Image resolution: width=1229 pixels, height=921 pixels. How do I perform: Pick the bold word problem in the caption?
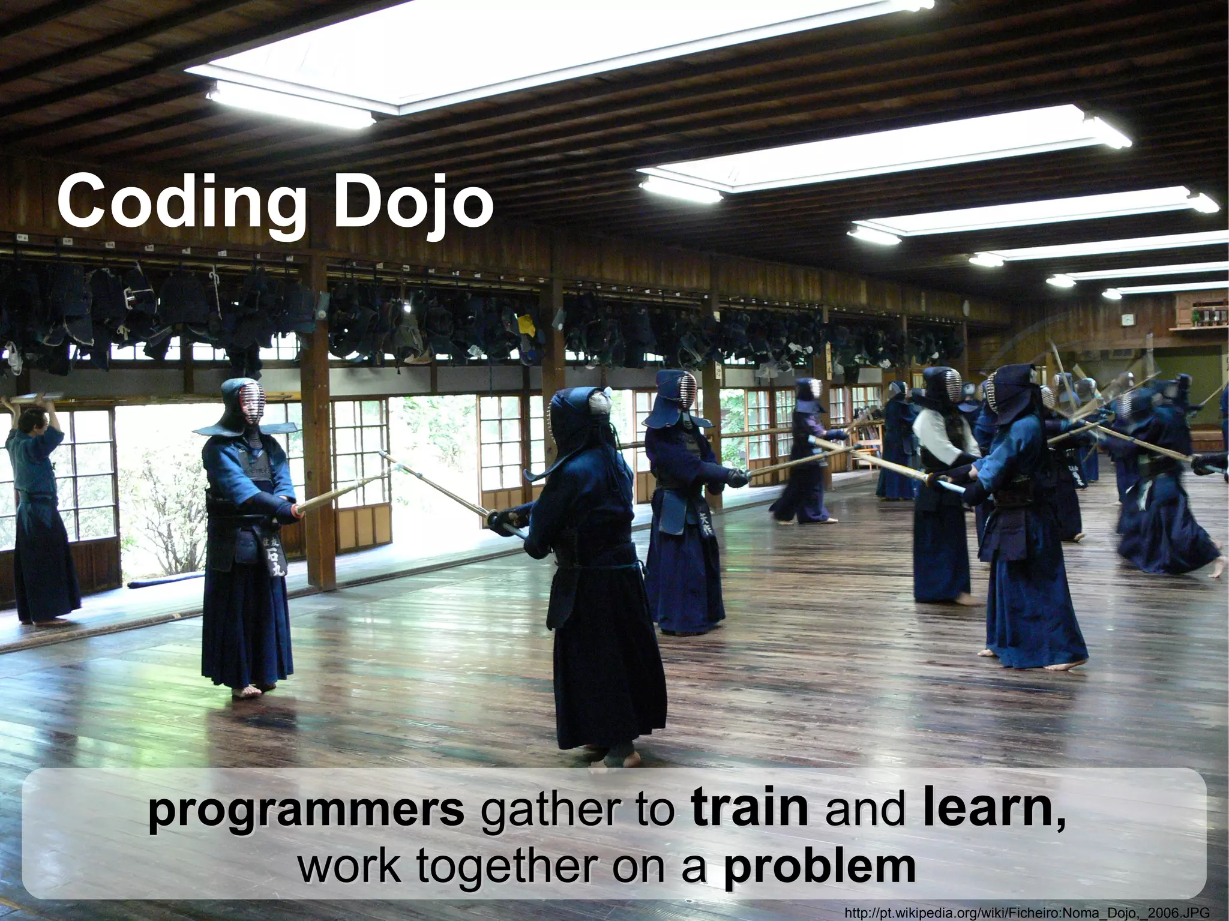819,864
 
